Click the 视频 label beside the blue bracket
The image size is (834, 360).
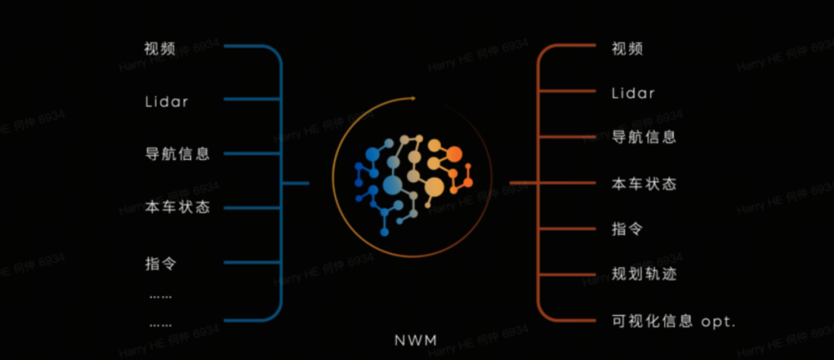160,49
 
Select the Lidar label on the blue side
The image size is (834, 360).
167,101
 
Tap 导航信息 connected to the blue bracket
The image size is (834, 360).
177,155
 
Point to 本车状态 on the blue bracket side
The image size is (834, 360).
177,207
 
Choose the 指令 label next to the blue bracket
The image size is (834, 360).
160,263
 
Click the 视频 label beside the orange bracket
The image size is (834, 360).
627,49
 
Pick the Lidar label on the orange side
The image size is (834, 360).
633,93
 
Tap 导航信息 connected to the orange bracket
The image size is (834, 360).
643,138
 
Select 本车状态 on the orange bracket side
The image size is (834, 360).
643,184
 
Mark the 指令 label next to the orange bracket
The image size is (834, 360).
627,229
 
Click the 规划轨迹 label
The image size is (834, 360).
643,274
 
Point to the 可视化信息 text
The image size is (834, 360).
652,321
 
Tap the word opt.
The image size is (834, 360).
718,322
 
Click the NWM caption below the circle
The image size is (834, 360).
416,341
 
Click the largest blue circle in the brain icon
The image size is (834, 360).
392,185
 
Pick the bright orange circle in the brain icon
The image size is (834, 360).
454,155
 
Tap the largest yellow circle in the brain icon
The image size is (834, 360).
434,187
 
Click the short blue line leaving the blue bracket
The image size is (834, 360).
295,183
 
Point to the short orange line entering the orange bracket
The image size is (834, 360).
524,183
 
